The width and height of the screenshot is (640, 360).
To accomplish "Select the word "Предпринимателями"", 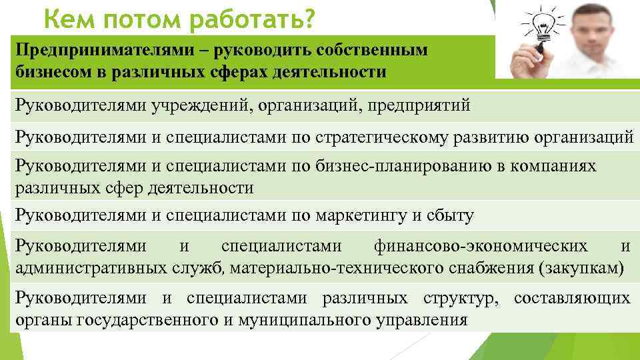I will click(93, 51).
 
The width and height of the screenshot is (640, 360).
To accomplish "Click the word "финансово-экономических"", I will click(481, 246).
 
